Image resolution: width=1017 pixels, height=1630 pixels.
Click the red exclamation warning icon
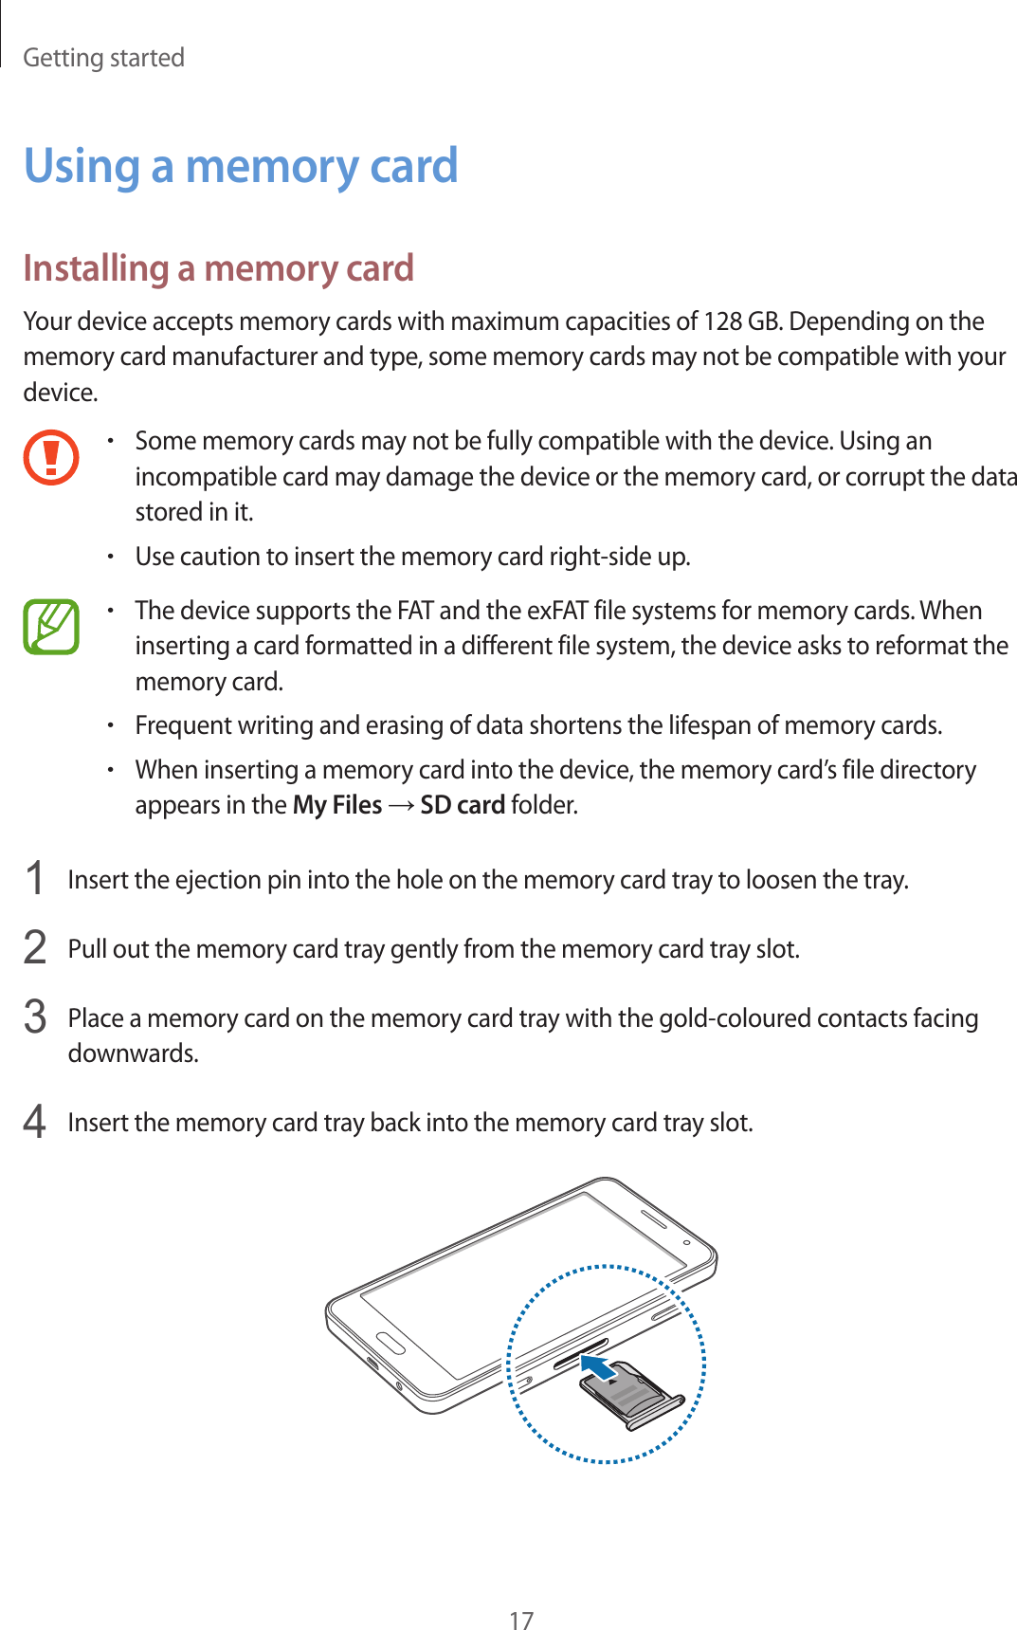point(51,457)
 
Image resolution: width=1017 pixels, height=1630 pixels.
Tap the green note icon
point(51,627)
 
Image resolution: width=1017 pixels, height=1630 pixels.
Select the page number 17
point(521,1620)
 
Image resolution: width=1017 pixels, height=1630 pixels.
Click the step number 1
point(35,878)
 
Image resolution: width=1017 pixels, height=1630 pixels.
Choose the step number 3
point(35,1016)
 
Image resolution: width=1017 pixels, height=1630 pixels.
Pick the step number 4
point(35,1121)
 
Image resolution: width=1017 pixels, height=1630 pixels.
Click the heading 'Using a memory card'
point(241,166)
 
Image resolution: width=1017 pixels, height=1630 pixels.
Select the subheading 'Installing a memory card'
point(218,268)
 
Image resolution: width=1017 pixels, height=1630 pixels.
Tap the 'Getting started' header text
point(103,58)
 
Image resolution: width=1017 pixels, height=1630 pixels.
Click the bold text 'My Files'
point(337,805)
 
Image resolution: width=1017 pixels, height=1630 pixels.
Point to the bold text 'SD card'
point(463,805)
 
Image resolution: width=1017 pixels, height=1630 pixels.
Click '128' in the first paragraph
point(722,321)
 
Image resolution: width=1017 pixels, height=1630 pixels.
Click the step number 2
point(35,947)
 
